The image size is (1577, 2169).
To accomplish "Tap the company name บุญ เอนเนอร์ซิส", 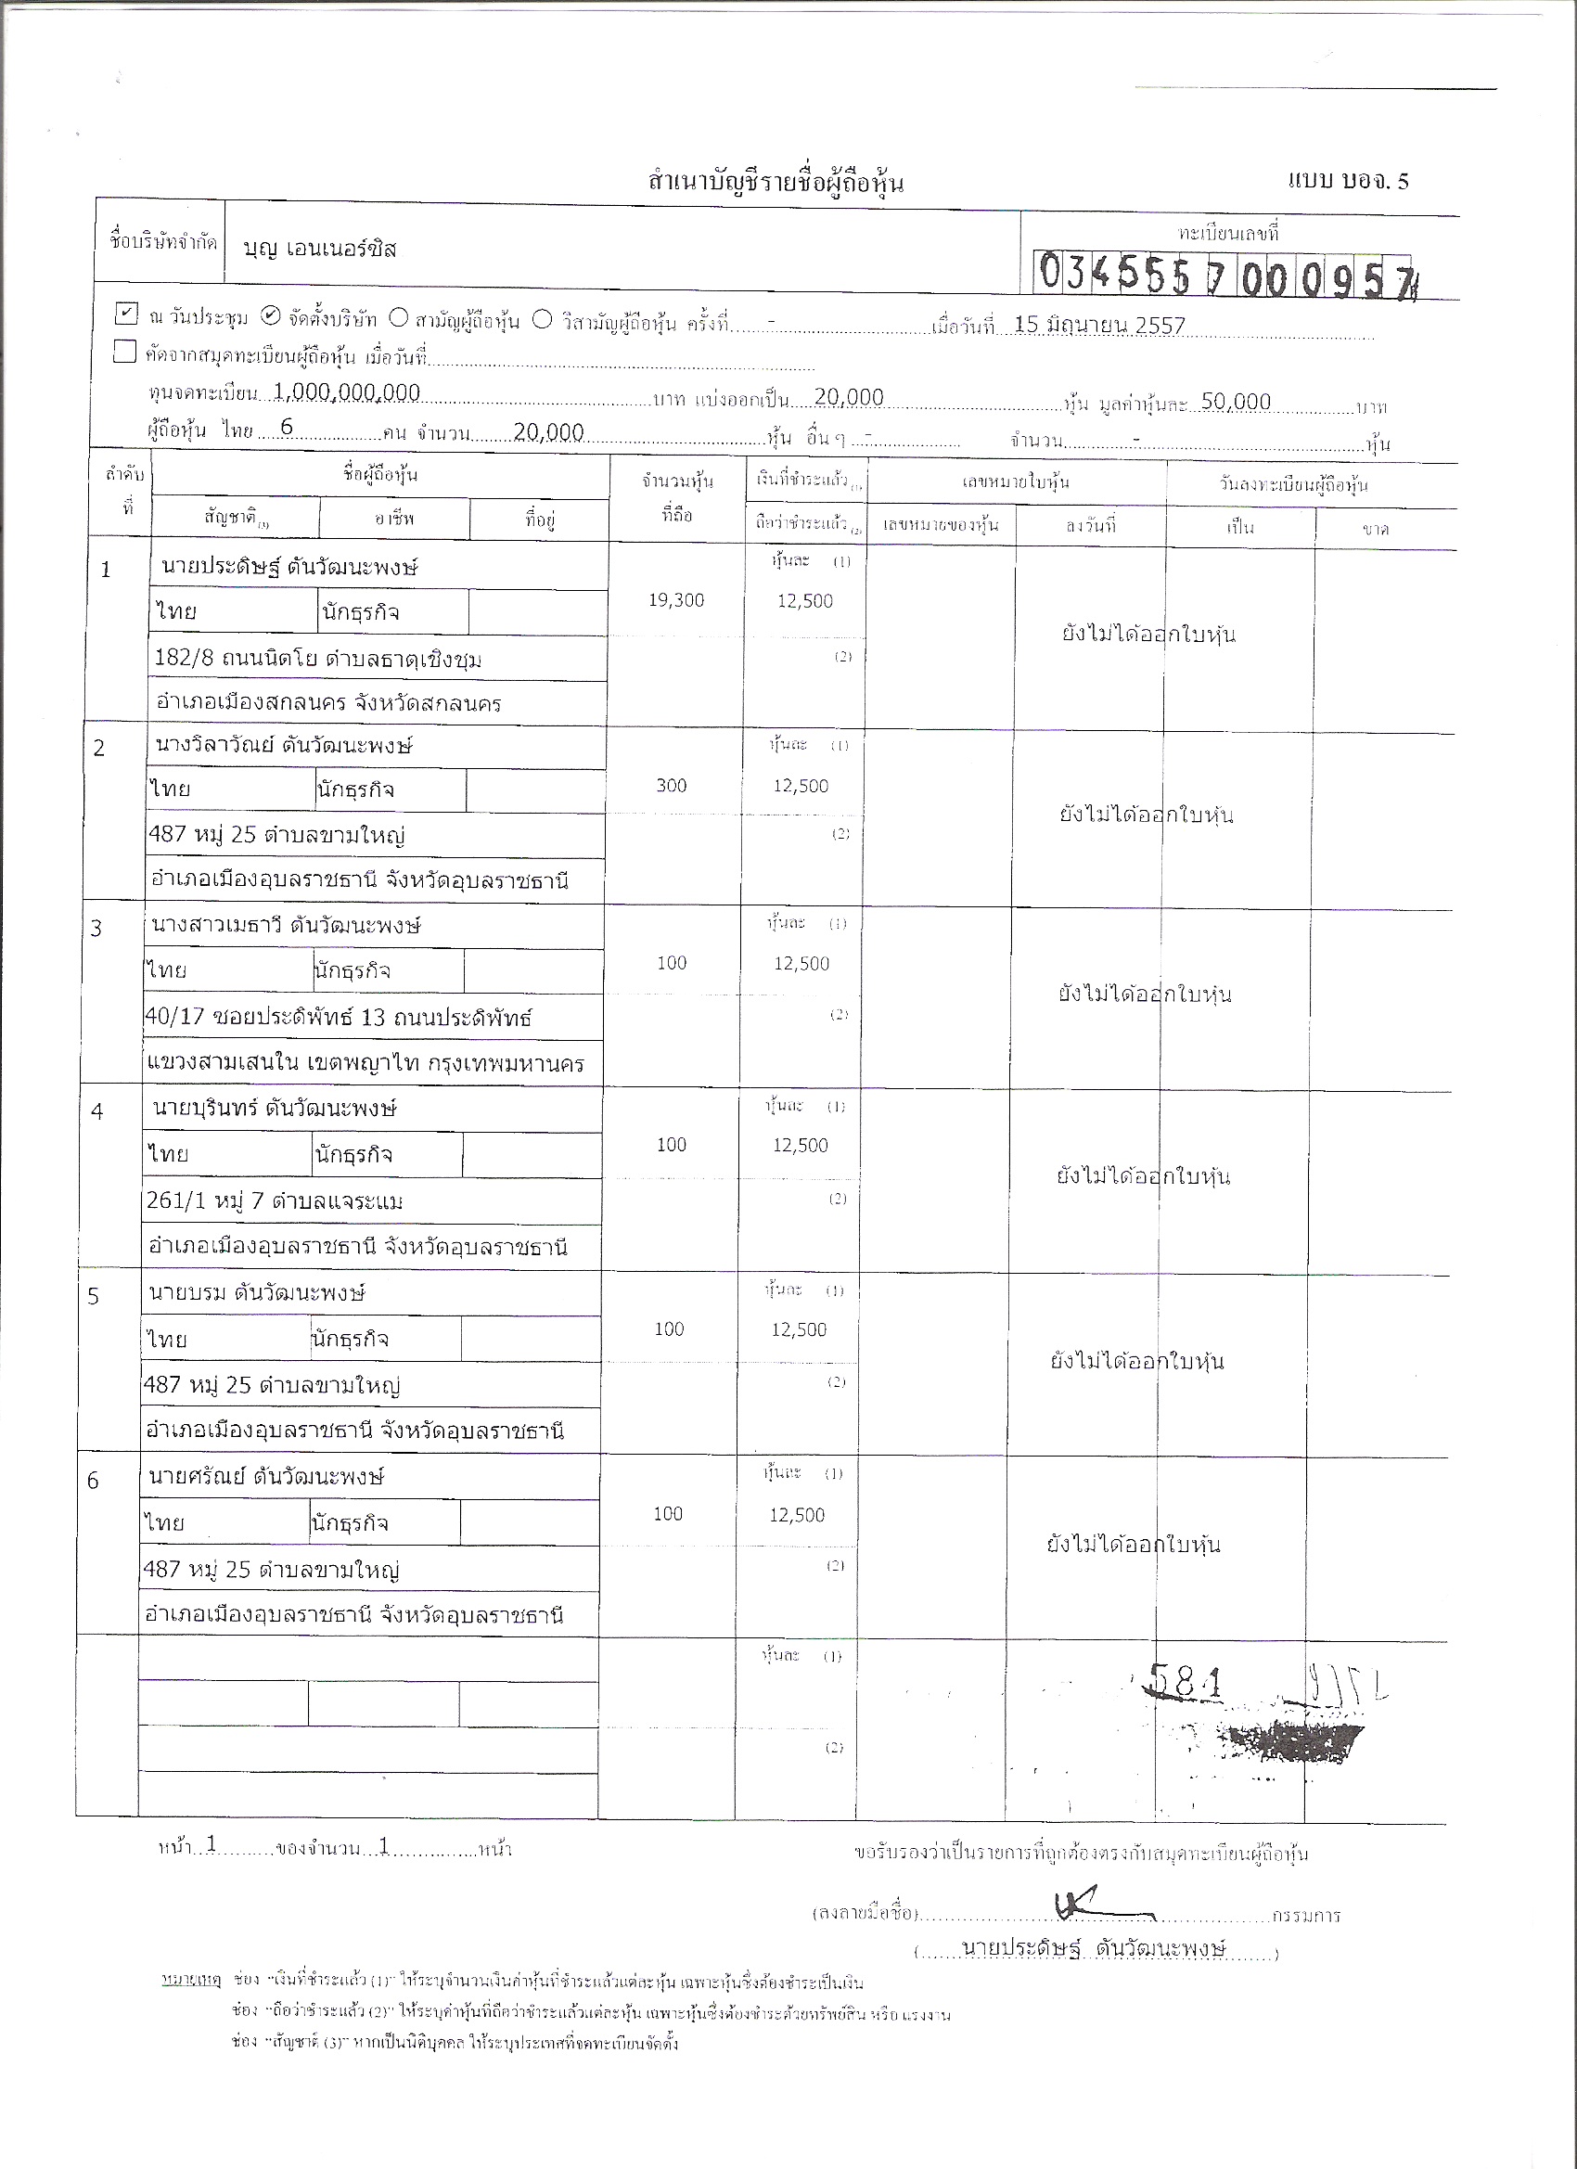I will [319, 250].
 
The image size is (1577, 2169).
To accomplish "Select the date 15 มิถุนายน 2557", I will [1099, 325].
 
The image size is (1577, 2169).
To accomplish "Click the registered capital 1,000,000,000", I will [346, 392].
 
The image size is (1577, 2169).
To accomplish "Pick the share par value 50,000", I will [1236, 402].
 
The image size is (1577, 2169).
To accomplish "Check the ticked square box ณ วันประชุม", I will [126, 313].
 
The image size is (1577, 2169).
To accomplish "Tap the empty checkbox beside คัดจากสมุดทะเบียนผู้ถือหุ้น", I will [124, 352].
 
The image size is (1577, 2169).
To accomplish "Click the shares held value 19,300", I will [676, 600].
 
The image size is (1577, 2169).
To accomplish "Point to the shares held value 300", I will [672, 786].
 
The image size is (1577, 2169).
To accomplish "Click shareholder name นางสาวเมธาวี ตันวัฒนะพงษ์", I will [286, 926].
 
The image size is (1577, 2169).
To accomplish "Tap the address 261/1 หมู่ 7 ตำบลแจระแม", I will [275, 1201].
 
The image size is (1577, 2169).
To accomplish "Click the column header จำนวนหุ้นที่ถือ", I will [677, 498].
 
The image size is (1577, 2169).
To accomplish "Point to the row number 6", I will [93, 1482].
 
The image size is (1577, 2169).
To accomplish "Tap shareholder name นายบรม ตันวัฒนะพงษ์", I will [257, 1293].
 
